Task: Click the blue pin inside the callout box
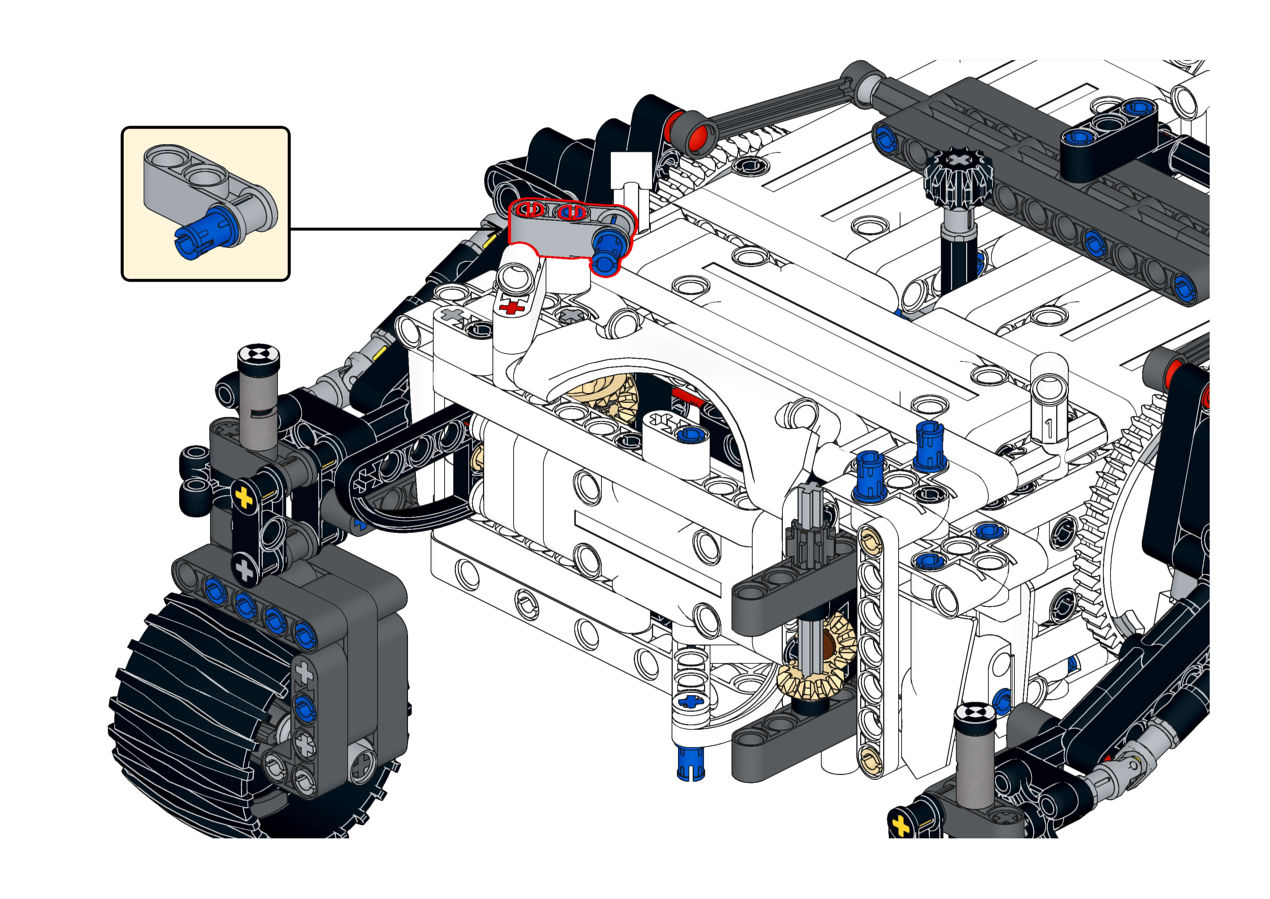coord(202,234)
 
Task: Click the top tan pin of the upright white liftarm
coord(870,537)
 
